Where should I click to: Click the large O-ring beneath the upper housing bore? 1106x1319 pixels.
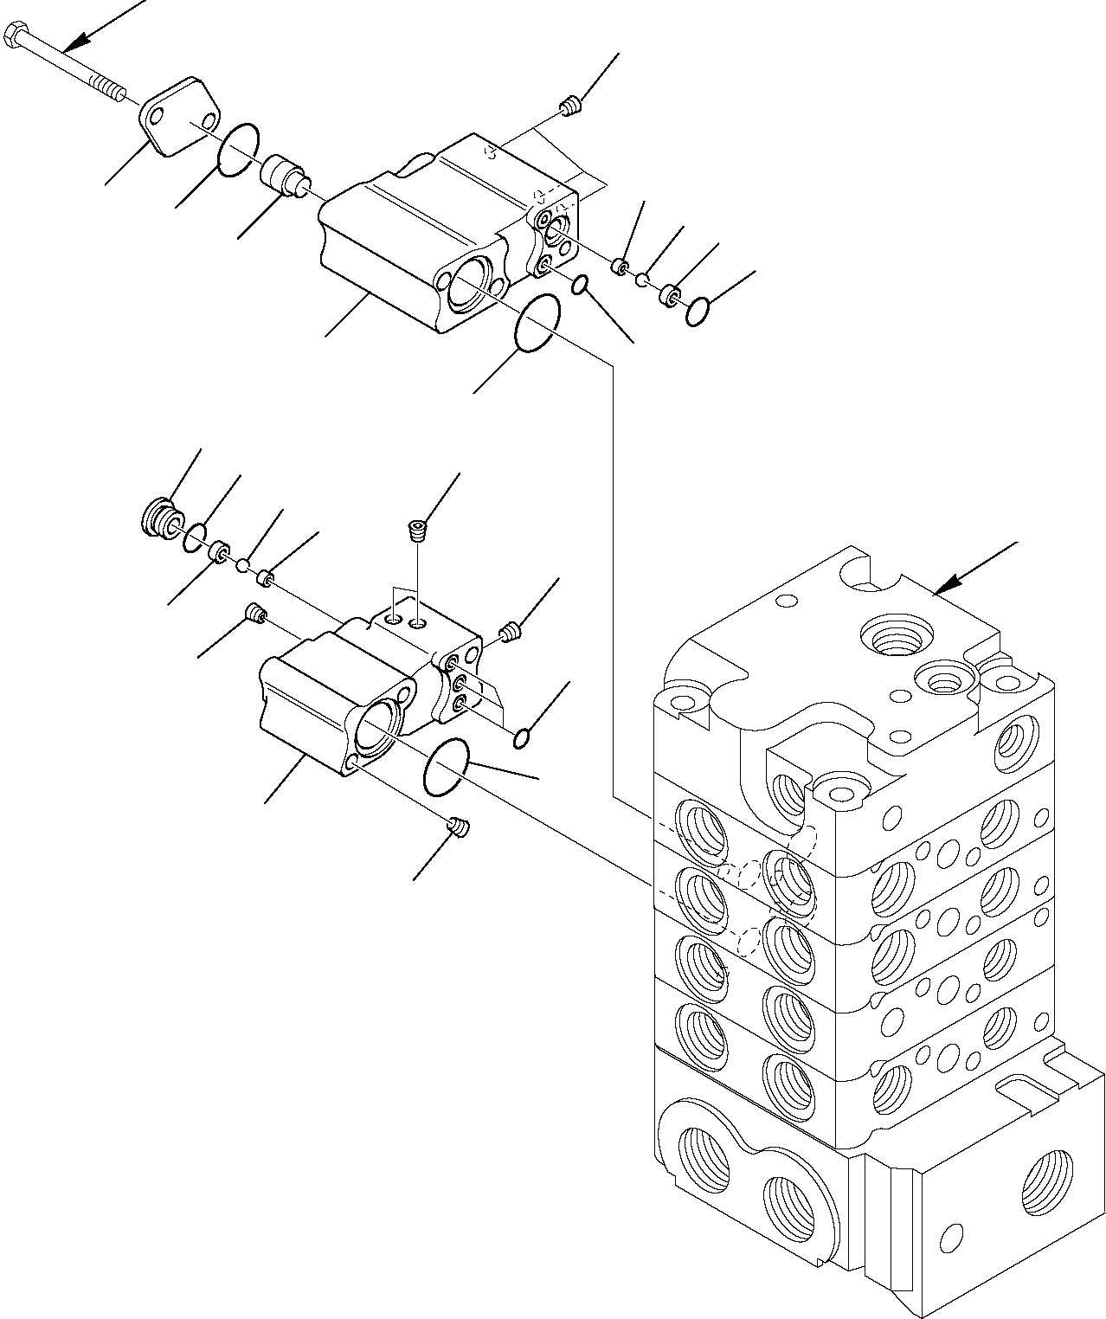(x=537, y=324)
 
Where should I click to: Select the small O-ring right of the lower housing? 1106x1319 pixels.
(x=521, y=738)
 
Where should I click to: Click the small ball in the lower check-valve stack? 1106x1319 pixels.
(x=244, y=565)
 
